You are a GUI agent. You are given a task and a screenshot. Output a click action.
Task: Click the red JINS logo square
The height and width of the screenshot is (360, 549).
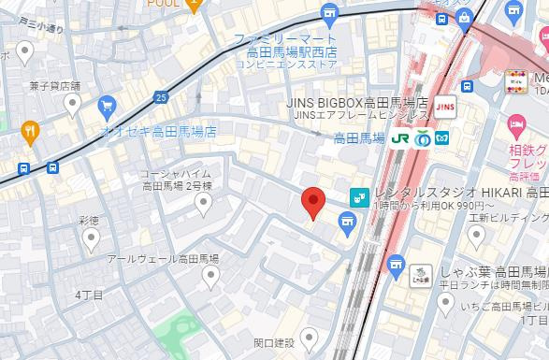tap(444, 102)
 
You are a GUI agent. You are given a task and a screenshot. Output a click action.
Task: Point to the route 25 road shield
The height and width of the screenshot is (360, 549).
tap(163, 97)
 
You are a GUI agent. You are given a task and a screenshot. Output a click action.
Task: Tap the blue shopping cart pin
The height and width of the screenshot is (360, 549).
tap(108, 107)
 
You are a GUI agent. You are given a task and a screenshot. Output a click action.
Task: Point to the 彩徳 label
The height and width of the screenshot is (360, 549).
tap(90, 221)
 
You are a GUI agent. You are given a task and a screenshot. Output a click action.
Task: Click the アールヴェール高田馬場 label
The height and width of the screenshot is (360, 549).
tap(163, 258)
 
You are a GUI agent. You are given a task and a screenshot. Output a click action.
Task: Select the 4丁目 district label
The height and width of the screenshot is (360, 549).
tap(89, 295)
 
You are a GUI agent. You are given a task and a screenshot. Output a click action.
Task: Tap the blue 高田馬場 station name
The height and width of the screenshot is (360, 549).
tap(359, 137)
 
